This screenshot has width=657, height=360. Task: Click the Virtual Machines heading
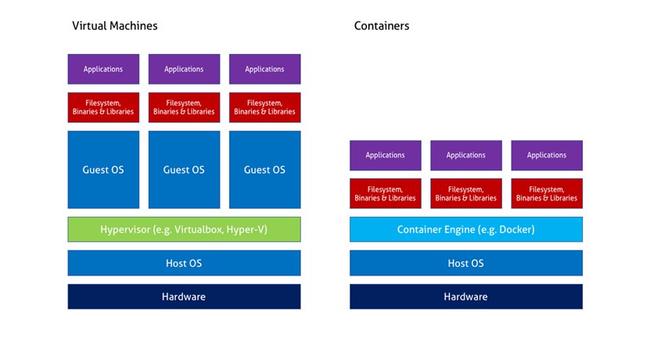coord(115,26)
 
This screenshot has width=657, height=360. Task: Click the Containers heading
coord(382,26)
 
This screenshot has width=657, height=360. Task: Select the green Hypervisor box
coord(184,229)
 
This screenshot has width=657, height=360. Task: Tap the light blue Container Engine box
coord(466,229)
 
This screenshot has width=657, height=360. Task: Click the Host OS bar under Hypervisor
coord(184,263)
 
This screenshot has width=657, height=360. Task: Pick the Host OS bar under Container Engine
coord(466,263)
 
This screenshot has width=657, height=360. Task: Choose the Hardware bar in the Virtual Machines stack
coord(184,297)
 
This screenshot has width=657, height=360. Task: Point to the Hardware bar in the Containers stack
coord(466,297)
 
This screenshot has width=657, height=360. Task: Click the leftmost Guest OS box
coord(103,170)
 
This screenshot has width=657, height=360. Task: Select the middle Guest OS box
coord(184,170)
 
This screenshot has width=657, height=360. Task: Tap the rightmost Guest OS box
coord(265,170)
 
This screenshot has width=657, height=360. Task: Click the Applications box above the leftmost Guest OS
coord(103,69)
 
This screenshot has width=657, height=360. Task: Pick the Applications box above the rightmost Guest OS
coord(265,69)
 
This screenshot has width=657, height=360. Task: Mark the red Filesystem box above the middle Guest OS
coord(184,107)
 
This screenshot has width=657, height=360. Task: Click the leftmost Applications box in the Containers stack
coord(386,156)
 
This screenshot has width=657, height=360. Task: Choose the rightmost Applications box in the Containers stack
coord(547,156)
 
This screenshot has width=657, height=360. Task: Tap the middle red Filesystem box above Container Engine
coord(466,193)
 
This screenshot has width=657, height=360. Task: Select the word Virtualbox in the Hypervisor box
coord(199,229)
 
